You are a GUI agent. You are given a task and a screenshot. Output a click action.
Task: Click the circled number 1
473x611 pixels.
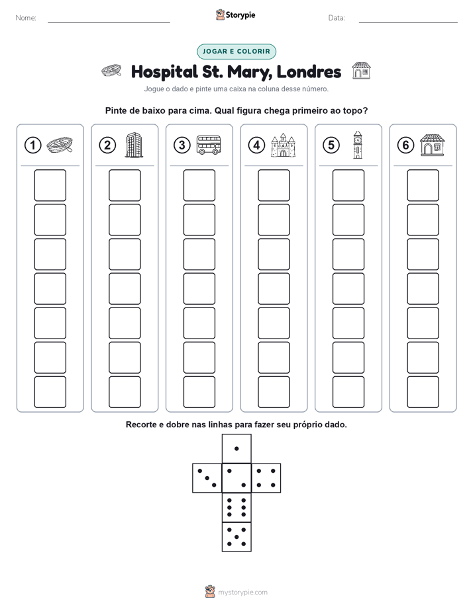(32, 145)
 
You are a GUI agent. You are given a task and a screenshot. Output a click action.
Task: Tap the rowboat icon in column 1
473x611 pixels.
(60, 145)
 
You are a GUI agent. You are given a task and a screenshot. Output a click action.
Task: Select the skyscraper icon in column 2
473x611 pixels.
(134, 145)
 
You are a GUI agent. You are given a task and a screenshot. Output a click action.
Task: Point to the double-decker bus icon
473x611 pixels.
(209, 145)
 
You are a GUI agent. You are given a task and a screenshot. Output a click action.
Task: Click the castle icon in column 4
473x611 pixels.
(284, 145)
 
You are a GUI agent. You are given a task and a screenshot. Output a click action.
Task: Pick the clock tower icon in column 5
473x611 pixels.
(358, 145)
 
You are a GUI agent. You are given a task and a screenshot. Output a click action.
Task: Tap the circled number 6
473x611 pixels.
(405, 145)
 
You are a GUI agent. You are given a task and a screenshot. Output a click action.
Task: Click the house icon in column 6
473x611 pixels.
(433, 145)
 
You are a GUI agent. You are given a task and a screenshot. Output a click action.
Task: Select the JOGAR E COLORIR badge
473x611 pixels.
(236, 52)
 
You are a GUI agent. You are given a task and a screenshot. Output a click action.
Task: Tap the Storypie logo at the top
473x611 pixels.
(236, 15)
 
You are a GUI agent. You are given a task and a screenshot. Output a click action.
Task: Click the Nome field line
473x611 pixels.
(109, 22)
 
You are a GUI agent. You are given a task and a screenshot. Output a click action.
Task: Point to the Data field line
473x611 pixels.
(408, 22)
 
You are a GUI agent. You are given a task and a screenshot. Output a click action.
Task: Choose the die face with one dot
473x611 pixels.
(236, 448)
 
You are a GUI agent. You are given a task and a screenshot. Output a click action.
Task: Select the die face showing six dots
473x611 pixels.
(236, 507)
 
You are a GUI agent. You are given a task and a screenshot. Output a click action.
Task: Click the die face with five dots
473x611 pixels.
(236, 537)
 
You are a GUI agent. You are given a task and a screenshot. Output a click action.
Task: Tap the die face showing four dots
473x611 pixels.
(266, 478)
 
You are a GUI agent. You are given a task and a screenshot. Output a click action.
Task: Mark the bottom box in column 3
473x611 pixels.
(199, 392)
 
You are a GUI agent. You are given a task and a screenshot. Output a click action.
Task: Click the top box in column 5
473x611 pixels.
(348, 185)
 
